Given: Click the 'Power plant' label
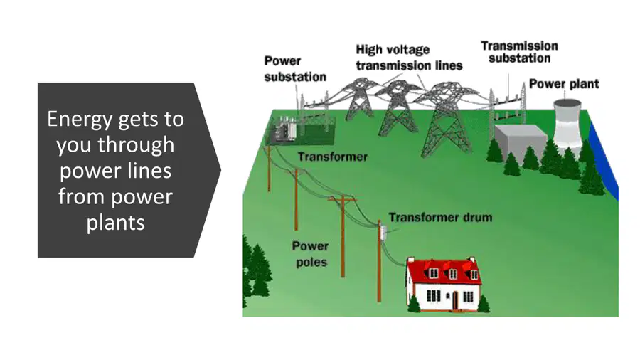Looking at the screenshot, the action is coord(564,84).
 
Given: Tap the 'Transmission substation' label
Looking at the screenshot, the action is coord(519,52).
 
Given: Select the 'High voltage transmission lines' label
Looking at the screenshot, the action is coord(409,58).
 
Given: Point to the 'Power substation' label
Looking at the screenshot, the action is coord(294,68).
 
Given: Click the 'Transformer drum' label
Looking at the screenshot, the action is coord(440,217).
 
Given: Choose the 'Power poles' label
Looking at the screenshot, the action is coord(311,254).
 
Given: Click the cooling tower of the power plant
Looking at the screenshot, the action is coord(567,125).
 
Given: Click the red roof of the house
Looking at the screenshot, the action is coord(444,271).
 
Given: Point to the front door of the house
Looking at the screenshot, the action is coord(454,300).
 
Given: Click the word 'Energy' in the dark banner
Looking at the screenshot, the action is coord(79,120).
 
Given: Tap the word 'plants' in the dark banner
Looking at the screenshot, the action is coord(115,223).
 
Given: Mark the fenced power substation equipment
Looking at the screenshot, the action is coord(301,129).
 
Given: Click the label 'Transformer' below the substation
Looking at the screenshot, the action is coord(332,157).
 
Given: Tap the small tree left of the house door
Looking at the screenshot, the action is coord(414,304).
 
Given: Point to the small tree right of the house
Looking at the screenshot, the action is coord(484,304).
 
